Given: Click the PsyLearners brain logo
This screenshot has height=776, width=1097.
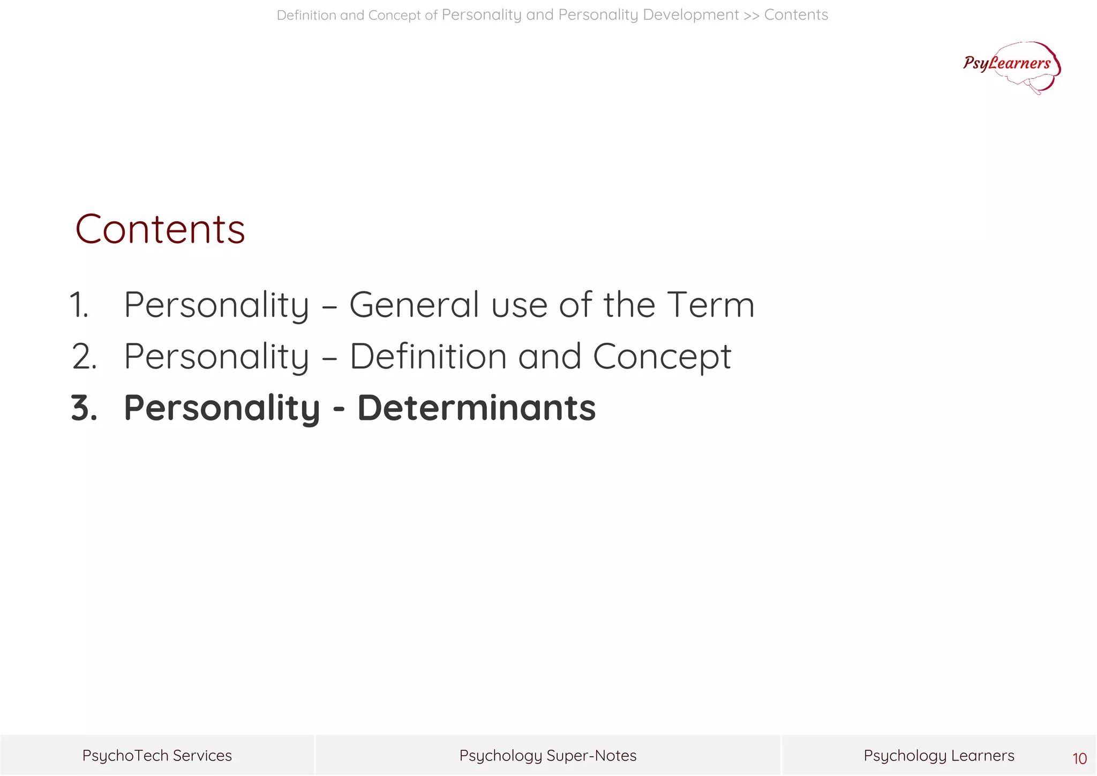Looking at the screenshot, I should (x=1011, y=67).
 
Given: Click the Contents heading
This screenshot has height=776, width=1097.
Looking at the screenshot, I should (x=160, y=229).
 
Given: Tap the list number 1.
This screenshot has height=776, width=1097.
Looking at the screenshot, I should (x=79, y=305).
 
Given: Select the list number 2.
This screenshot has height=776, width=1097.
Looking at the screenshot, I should (x=84, y=356).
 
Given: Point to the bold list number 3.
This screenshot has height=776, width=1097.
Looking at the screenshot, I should (x=84, y=408).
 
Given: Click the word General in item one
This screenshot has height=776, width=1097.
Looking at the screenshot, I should (x=414, y=305).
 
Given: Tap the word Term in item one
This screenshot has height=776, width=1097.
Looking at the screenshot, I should (x=711, y=305).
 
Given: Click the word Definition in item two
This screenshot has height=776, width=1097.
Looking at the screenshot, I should (x=428, y=356).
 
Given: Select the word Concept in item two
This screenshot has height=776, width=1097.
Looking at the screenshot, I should (x=662, y=357).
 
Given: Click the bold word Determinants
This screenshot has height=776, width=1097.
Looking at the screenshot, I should (x=476, y=408).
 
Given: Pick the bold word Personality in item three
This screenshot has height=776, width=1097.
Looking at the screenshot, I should (x=222, y=409).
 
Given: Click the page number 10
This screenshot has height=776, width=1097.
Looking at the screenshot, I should (x=1079, y=758).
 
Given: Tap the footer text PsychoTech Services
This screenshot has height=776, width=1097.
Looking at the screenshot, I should (x=157, y=756).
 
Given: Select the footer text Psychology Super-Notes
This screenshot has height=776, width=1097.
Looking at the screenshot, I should (x=548, y=756).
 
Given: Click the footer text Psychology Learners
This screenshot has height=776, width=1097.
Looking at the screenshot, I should (x=938, y=756).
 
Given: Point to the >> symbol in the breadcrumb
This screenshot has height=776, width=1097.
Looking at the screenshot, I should (x=751, y=15).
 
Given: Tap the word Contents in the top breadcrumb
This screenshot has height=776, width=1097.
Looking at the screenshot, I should (x=796, y=15).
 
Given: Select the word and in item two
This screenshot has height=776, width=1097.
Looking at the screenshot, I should (x=549, y=356).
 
